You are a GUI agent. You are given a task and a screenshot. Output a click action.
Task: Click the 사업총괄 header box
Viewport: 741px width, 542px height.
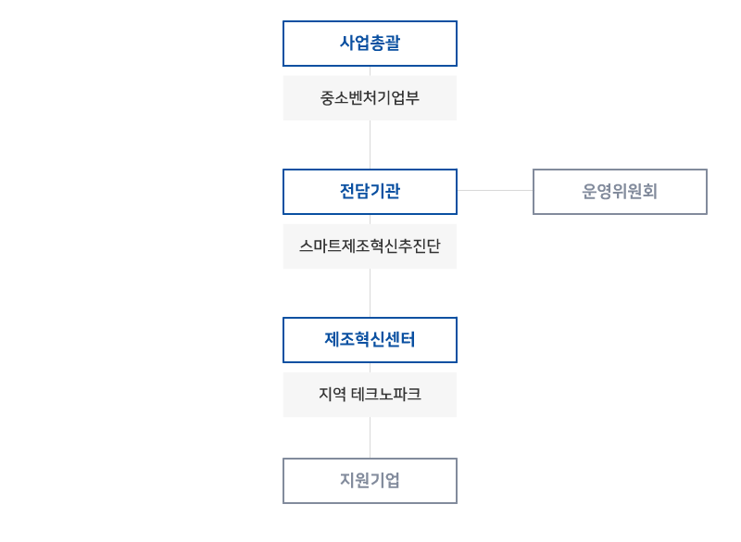pyautogui.click(x=370, y=44)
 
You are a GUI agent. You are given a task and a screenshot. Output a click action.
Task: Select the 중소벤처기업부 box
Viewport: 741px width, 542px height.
pyautogui.click(x=370, y=97)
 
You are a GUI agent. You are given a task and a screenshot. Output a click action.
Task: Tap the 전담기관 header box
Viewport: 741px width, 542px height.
pyautogui.click(x=370, y=192)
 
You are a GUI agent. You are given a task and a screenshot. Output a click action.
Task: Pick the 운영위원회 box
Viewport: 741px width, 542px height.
pyautogui.click(x=620, y=192)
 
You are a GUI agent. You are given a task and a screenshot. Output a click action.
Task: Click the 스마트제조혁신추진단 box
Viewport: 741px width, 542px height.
pyautogui.click(x=370, y=246)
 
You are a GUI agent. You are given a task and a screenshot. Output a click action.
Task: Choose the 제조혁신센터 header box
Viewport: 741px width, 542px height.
pyautogui.click(x=370, y=340)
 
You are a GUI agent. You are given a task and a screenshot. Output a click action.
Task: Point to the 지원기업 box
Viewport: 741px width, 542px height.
pyautogui.click(x=370, y=481)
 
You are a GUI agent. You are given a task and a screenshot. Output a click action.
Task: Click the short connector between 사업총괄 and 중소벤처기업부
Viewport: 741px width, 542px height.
pyautogui.click(x=370, y=70)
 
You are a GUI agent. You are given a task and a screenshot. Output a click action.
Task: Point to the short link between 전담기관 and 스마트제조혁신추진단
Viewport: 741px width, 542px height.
pyautogui.click(x=370, y=219)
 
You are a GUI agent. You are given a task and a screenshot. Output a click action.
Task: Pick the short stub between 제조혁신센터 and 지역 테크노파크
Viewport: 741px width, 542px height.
pyautogui.click(x=370, y=367)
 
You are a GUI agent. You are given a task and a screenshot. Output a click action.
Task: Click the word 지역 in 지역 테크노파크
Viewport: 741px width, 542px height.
pyautogui.click(x=331, y=395)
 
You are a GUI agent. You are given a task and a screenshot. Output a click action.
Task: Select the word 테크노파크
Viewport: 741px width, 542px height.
pyautogui.click(x=386, y=395)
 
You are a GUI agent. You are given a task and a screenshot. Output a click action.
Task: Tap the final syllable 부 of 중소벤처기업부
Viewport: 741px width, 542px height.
pyautogui.click(x=412, y=97)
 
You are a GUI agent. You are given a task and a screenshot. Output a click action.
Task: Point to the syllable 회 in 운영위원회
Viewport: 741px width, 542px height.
pyautogui.click(x=650, y=192)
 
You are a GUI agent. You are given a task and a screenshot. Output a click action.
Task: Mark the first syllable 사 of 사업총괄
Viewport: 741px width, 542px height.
pyautogui.click(x=347, y=44)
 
